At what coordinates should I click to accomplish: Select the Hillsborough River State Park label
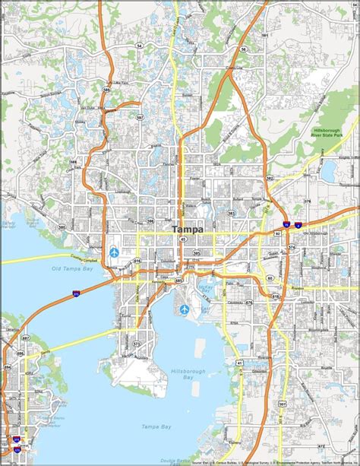point(329,132)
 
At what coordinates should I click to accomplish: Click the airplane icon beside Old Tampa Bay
point(115,251)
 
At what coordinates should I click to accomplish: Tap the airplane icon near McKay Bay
point(185,309)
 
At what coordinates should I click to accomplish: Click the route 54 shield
point(139,46)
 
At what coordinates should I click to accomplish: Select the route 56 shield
point(242,49)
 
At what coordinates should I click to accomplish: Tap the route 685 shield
point(178,281)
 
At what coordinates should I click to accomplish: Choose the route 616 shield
point(137,262)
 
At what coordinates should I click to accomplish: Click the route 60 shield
point(270,277)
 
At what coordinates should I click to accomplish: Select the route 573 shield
point(137,344)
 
